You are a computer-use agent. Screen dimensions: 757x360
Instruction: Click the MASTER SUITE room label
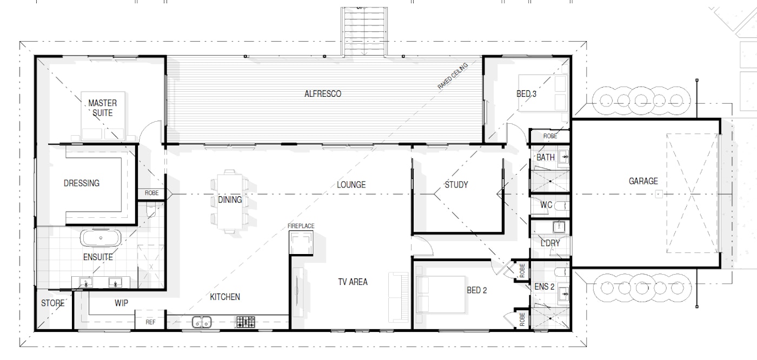click(x=102, y=108)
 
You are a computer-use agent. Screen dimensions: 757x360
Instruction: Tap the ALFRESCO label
click(x=323, y=94)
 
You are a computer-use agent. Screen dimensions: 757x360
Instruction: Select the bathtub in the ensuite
click(x=101, y=238)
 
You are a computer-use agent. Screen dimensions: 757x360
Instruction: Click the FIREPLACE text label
click(x=301, y=226)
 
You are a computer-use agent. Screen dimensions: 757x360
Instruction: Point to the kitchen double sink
click(x=202, y=322)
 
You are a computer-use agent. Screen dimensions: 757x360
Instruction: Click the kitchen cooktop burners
click(x=245, y=322)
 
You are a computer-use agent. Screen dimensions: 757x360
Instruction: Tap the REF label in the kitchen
click(x=150, y=322)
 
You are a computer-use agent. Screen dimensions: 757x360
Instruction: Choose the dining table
click(x=229, y=202)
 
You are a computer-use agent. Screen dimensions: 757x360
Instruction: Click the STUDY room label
click(x=456, y=185)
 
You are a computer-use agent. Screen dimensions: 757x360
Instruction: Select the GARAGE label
click(x=643, y=181)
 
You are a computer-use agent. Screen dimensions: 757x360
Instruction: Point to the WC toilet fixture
click(x=562, y=205)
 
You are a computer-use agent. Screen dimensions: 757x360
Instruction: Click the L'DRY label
click(x=550, y=243)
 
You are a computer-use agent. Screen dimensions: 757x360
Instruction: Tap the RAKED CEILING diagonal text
click(x=453, y=76)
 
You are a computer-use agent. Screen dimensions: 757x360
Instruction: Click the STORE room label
click(x=53, y=303)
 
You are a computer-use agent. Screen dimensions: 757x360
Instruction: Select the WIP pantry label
click(x=121, y=303)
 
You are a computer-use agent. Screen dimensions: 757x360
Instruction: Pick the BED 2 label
click(x=477, y=290)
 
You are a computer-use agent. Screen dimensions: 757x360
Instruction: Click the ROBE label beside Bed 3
click(x=550, y=136)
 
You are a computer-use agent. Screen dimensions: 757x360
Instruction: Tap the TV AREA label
click(x=353, y=282)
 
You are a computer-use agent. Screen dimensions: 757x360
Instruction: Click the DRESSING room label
click(x=82, y=183)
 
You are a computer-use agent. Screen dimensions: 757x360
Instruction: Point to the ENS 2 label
click(x=544, y=286)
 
